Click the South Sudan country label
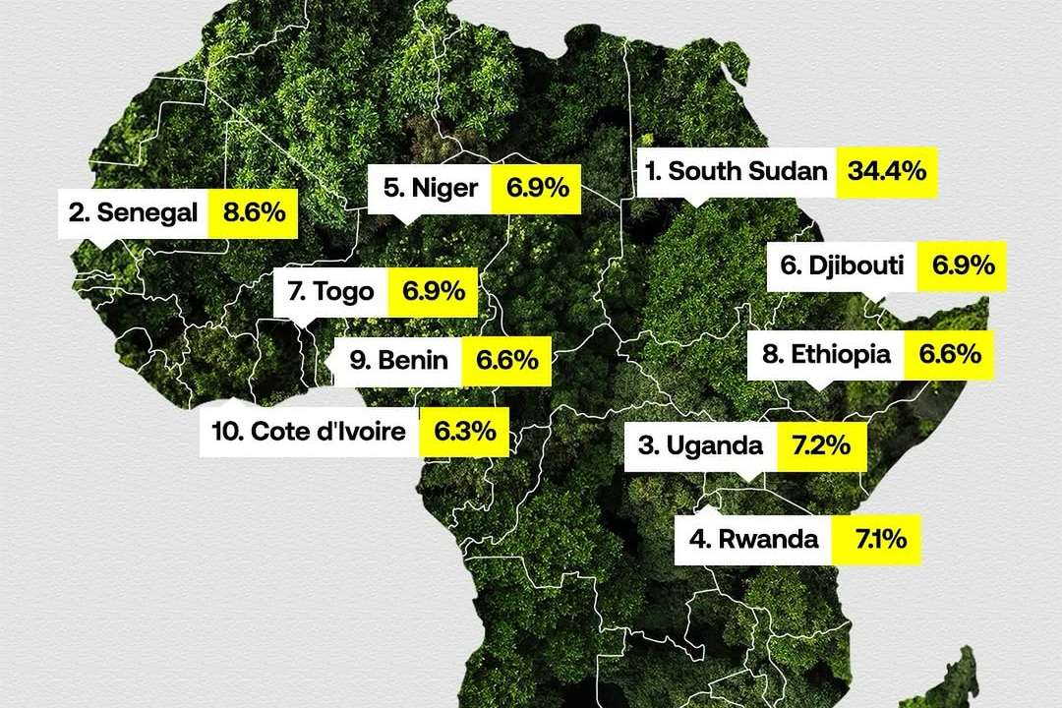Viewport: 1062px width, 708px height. pyautogui.click(x=736, y=170)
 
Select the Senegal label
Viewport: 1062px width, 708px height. pyautogui.click(x=134, y=211)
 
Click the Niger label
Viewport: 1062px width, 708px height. pyautogui.click(x=431, y=187)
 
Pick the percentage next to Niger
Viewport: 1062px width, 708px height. pyautogui.click(x=536, y=187)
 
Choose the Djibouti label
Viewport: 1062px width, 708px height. pyautogui.click(x=842, y=265)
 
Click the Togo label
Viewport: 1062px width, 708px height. pyautogui.click(x=331, y=291)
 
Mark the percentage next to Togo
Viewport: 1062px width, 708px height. pyautogui.click(x=433, y=291)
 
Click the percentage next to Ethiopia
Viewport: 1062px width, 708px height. pyautogui.click(x=950, y=355)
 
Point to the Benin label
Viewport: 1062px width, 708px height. pyautogui.click(x=398, y=361)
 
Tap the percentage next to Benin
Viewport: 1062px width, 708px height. pyautogui.click(x=507, y=361)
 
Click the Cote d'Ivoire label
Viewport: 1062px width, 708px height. pyautogui.click(x=309, y=432)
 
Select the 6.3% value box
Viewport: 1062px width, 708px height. pyautogui.click(x=464, y=432)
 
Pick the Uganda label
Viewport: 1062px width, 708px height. pyautogui.click(x=700, y=445)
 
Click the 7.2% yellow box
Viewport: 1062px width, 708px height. pyautogui.click(x=820, y=445)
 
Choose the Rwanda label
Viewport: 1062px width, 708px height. pyautogui.click(x=753, y=539)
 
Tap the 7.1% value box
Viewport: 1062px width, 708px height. pyautogui.click(x=875, y=539)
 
